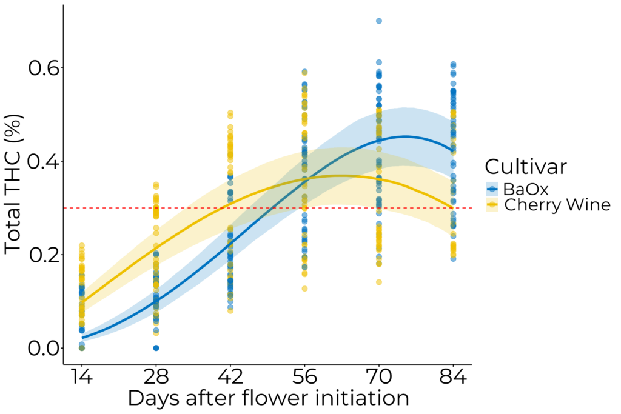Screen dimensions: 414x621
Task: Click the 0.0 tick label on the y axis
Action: (45, 349)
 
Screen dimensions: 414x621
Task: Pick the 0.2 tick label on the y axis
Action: (45, 255)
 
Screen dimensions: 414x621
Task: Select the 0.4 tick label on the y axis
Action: (45, 162)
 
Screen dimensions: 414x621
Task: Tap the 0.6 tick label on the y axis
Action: (45, 68)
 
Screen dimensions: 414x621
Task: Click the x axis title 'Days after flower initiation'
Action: (267, 399)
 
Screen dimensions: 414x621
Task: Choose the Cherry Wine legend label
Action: (557, 205)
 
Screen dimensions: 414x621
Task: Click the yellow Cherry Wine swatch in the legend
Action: (492, 205)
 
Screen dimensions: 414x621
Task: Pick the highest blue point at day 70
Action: (379, 21)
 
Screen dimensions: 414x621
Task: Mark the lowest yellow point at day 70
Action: (379, 282)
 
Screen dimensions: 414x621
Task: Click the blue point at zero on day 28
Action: (156, 348)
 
